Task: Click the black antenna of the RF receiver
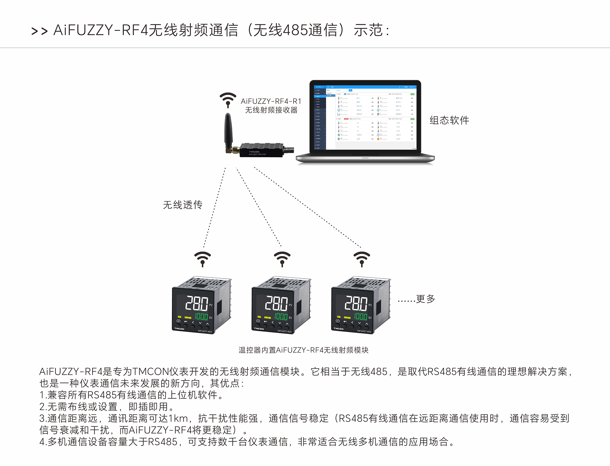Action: pyautogui.click(x=228, y=130)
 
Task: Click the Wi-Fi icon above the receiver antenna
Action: pyautogui.click(x=228, y=100)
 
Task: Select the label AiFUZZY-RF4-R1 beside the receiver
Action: pyautogui.click(x=271, y=101)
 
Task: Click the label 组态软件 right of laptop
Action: pyautogui.click(x=449, y=120)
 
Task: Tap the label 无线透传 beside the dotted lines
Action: pyautogui.click(x=183, y=205)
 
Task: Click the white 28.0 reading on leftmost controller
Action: pyautogui.click(x=197, y=303)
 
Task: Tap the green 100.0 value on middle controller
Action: pyautogui.click(x=281, y=316)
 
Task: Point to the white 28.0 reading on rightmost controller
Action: pyautogui.click(x=356, y=303)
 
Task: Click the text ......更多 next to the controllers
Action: pyautogui.click(x=416, y=299)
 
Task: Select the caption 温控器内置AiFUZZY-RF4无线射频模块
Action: pyautogui.click(x=303, y=350)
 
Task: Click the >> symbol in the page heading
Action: pyautogui.click(x=39, y=31)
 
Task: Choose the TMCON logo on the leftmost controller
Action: pyautogui.click(x=179, y=329)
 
